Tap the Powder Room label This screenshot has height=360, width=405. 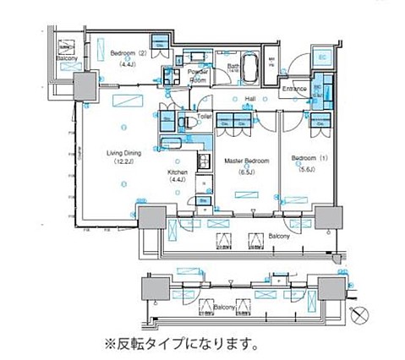(x=200, y=76)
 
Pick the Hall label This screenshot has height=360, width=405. (x=251, y=99)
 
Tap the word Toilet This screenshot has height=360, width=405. (x=204, y=115)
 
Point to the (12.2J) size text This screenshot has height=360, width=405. (x=123, y=163)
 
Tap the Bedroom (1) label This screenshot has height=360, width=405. (x=304, y=158)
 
